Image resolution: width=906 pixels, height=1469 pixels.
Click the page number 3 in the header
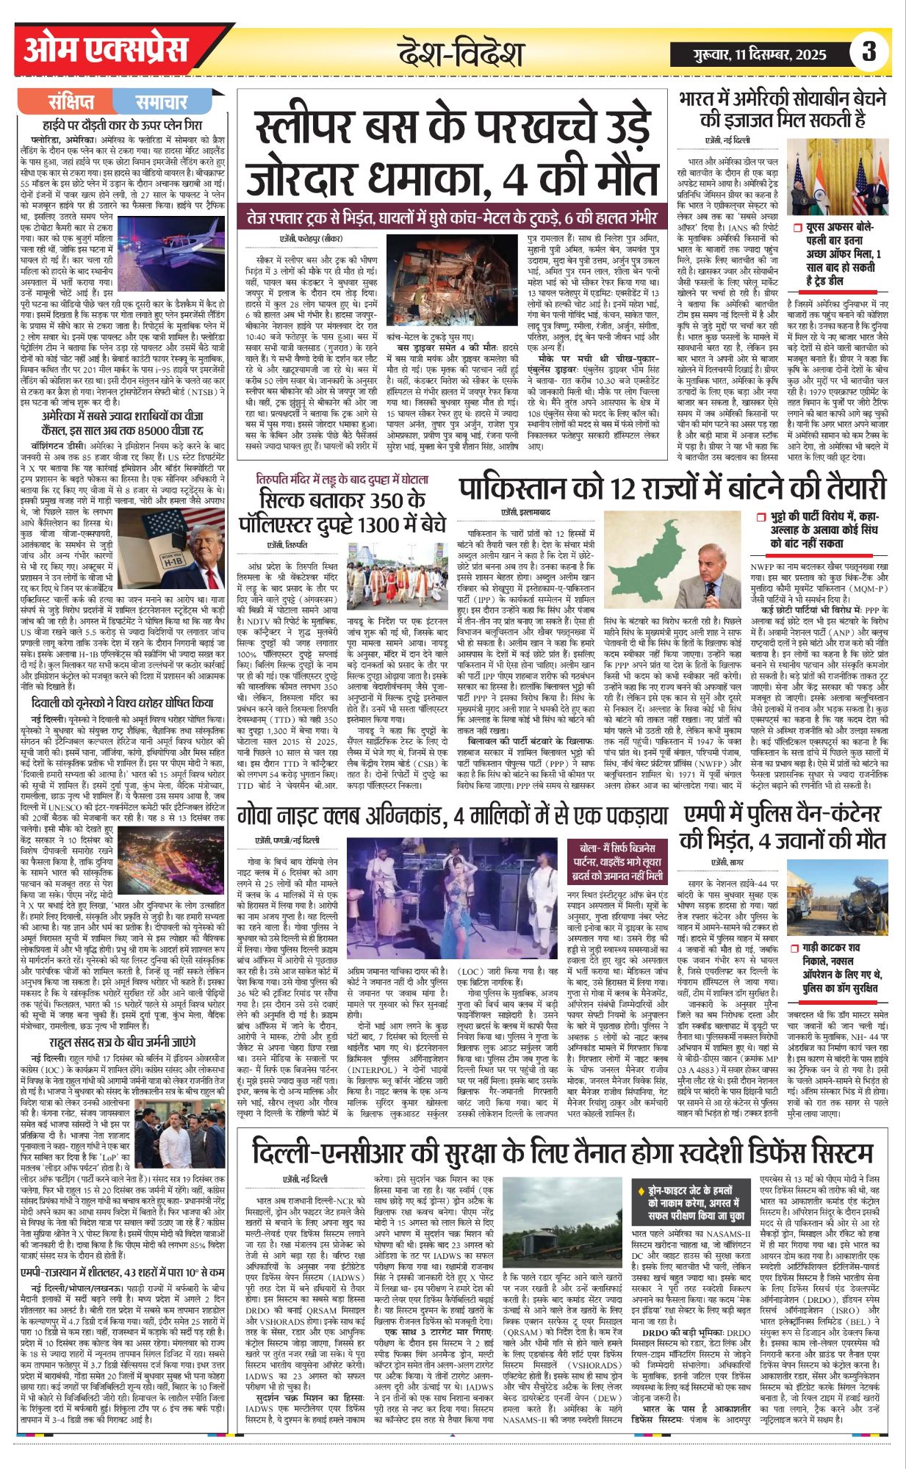click(x=869, y=51)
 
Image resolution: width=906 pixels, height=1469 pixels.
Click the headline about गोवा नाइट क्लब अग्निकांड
click(x=453, y=816)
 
